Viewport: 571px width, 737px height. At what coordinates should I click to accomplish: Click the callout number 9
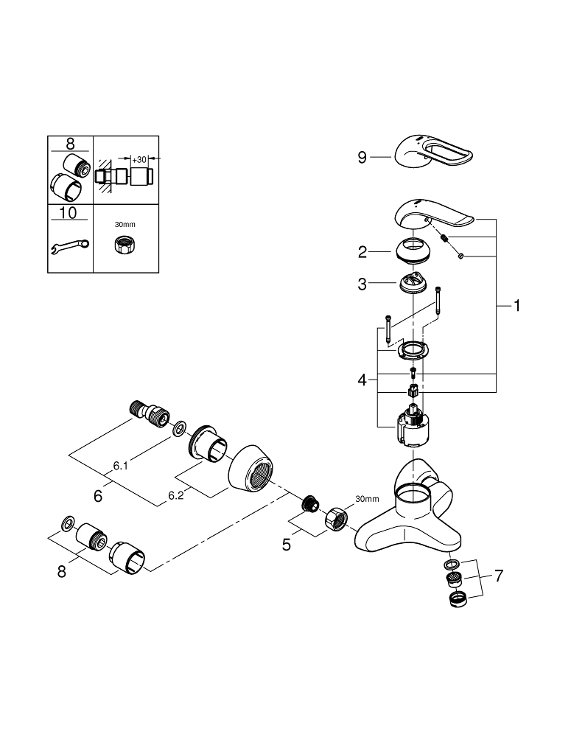pos(362,157)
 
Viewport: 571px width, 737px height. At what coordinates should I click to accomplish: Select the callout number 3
pos(362,284)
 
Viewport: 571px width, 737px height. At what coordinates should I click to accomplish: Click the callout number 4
pos(362,380)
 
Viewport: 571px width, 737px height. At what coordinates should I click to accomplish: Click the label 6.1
pos(121,466)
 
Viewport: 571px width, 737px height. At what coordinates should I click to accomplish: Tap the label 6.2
pos(175,496)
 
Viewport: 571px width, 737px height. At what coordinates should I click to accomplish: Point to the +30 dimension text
pos(139,159)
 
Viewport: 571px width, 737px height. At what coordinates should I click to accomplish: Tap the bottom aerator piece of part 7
pos(458,598)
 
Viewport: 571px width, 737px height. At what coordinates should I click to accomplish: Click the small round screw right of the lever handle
pos(460,256)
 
